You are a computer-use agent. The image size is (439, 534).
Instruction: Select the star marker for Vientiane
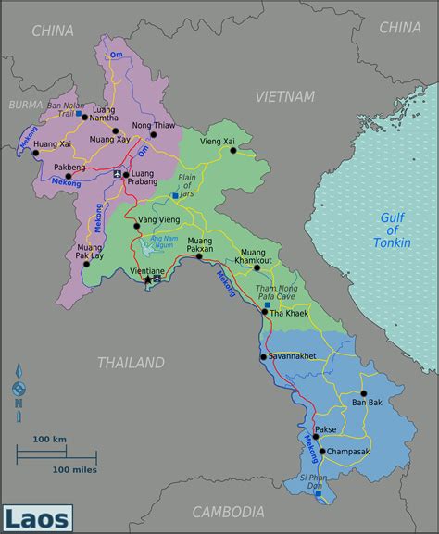[147, 279]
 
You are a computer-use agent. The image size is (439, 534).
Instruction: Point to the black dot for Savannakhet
[263, 356]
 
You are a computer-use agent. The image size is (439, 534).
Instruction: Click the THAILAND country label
[131, 363]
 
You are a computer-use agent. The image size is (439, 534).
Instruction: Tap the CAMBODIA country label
[228, 512]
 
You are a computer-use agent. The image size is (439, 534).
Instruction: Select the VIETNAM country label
[285, 96]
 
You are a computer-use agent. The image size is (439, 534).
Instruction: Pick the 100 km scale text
[49, 438]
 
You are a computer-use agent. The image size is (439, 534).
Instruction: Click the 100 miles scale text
[75, 470]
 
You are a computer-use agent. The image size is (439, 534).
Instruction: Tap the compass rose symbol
[19, 390]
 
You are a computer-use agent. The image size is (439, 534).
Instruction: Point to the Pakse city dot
[315, 437]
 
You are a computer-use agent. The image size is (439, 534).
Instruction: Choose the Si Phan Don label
[313, 482]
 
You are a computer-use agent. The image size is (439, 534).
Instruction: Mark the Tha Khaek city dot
[265, 312]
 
